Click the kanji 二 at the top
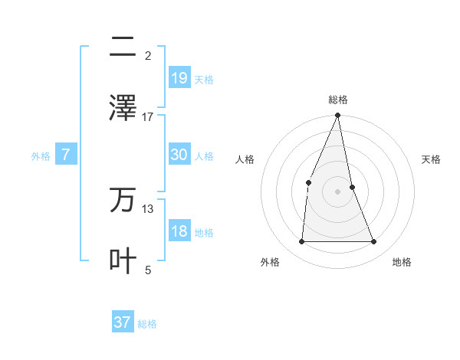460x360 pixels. coord(123,47)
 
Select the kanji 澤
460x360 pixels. coord(123,107)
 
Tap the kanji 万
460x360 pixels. coord(123,199)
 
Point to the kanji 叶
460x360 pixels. coord(123,260)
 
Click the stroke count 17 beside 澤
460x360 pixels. coord(148,116)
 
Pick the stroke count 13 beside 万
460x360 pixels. coord(148,208)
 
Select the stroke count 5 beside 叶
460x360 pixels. coord(148,270)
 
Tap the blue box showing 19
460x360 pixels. coord(179,77)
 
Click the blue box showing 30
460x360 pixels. coord(179,155)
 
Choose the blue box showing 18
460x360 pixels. coord(179,231)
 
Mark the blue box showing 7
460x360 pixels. coord(66,155)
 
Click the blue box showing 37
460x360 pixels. coord(123,322)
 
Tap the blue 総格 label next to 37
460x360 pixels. coord(147,324)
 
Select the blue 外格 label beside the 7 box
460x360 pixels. coord(41,156)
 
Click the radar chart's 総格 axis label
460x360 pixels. coord(338,100)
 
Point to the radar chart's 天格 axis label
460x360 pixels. coord(432,159)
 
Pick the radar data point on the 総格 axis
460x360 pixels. coord(338,116)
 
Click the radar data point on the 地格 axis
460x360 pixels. coord(374,242)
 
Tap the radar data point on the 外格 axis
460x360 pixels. coord(301,242)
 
